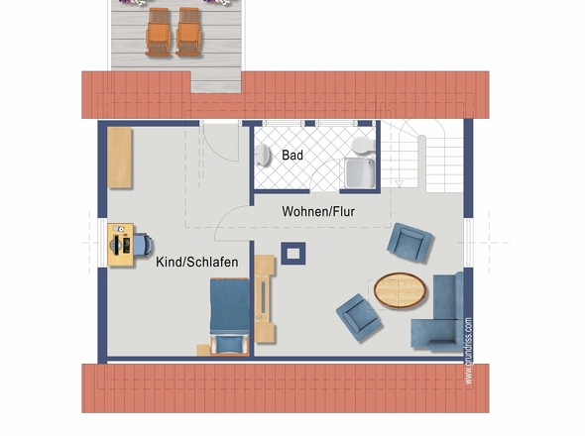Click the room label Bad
(292, 156)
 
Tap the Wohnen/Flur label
(318, 211)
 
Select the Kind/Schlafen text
(197, 262)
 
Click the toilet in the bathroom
(363, 145)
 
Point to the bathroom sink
(264, 154)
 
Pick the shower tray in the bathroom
(359, 173)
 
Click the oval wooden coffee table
(400, 290)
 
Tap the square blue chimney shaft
(293, 254)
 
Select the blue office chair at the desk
(143, 245)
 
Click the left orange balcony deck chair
(159, 33)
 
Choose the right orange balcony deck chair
(188, 33)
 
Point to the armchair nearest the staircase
(409, 243)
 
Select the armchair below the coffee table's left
(359, 317)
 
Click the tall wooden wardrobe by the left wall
(119, 158)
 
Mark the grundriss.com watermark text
(469, 351)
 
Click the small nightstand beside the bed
(203, 350)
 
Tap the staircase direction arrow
(400, 183)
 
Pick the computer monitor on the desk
(117, 245)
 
